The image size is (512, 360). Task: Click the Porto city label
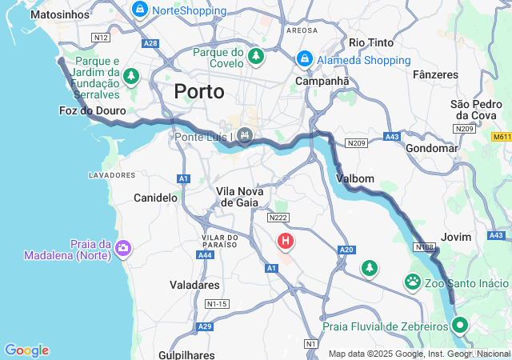pos(199,91)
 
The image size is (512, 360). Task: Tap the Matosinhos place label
pos(59,14)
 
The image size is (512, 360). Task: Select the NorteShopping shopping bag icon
pos(140,10)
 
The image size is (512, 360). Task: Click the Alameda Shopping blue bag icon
pos(305,59)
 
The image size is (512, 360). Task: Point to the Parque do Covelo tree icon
pos(255,57)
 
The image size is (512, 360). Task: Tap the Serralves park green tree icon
pos(131,77)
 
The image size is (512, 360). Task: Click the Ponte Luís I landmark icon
pos(244,137)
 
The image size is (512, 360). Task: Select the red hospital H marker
pos(286,240)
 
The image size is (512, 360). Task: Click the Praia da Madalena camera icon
pos(122,247)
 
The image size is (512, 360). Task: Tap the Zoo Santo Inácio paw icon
pos(413,282)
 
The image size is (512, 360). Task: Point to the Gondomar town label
pos(431,148)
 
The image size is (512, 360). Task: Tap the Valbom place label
pos(355,178)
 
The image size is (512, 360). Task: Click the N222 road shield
pos(278,218)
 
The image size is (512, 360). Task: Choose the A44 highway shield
pos(205,254)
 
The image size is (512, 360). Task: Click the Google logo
pos(26,350)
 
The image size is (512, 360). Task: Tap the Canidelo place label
pos(155,197)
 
